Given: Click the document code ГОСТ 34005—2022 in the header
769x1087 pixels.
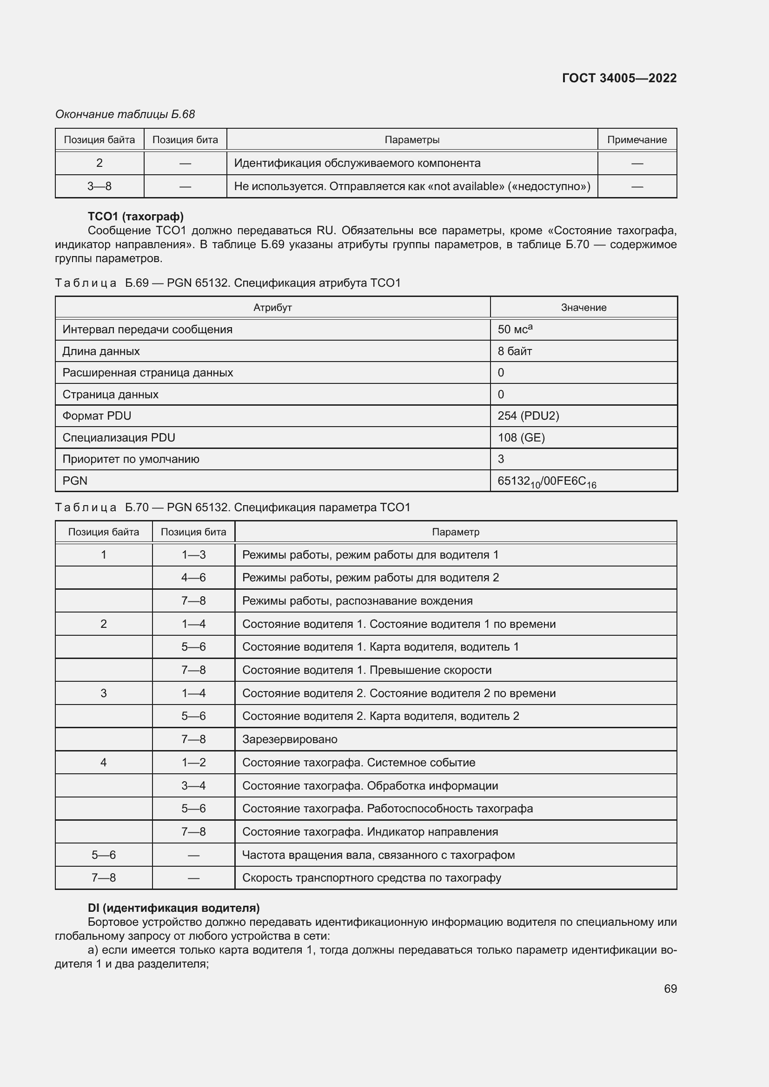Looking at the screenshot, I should coord(619,78).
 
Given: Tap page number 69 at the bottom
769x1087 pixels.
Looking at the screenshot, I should coord(670,988).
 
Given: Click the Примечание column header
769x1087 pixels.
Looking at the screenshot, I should coord(636,140).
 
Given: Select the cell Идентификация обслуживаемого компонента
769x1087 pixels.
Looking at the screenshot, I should coord(357,163).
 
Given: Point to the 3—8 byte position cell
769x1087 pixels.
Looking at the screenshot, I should coord(99,186).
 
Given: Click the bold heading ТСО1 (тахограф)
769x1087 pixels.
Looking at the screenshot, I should coord(135,217).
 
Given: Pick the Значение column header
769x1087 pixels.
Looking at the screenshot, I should coord(583,307).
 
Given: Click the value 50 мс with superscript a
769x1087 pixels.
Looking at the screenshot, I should coord(515,329).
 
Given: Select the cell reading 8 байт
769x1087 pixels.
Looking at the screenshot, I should coord(515,351).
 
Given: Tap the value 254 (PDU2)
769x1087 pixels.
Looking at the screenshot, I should coord(528,415).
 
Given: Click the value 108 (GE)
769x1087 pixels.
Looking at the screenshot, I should coord(521,437).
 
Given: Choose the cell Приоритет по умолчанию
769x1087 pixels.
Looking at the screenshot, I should coord(131,459).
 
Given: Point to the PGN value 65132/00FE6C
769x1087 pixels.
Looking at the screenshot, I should coord(546,481).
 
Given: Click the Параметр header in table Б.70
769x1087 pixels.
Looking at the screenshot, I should coord(455,532).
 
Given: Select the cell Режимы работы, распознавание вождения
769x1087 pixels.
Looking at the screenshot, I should coord(357,601).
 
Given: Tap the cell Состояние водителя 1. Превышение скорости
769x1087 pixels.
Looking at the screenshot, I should coord(366,670).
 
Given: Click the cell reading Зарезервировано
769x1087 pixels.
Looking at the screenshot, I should coord(289,739).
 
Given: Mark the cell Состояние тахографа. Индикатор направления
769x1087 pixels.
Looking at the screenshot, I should coord(370,831).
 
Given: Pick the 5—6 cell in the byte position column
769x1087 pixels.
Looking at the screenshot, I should coord(103,855).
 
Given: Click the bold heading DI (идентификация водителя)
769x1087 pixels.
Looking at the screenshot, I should coord(173,908).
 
